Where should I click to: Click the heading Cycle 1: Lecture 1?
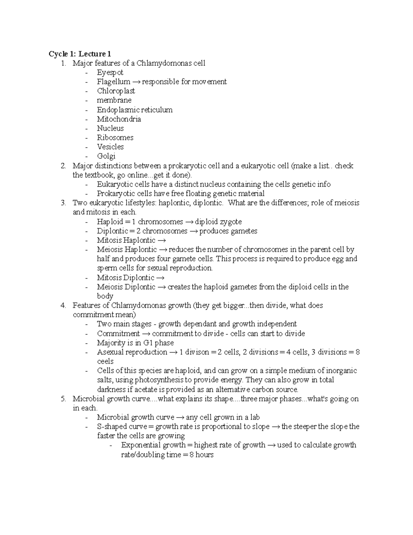point(80,54)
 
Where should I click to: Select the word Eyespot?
point(110,72)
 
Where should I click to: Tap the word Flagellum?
point(113,82)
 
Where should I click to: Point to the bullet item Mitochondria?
point(119,119)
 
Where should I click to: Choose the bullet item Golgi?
point(106,156)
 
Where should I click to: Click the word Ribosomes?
point(115,137)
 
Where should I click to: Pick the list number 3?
point(63,203)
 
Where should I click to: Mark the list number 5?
point(63,399)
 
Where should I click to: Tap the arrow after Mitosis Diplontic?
point(160,278)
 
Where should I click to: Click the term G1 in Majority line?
point(148,343)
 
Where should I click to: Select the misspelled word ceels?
point(105,361)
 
